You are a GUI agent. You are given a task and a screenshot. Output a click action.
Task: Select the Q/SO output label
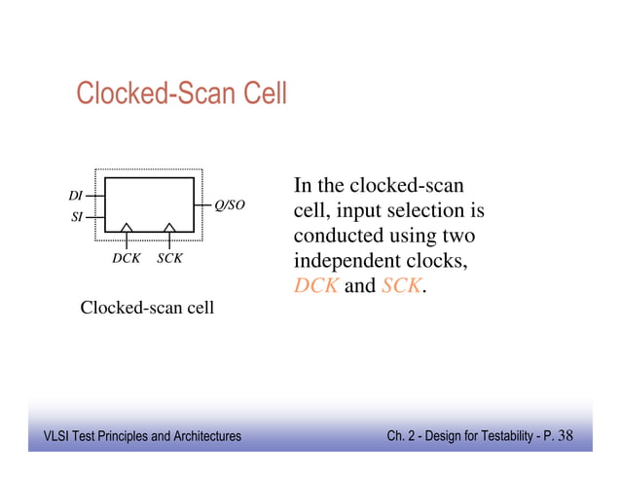[x=229, y=205]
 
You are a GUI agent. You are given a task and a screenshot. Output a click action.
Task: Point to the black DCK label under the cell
[x=127, y=260]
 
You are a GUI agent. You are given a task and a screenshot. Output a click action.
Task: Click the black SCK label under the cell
[x=170, y=260]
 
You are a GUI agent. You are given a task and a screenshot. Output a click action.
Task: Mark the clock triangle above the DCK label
[x=128, y=228]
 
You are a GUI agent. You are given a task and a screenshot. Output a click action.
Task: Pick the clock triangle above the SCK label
[x=169, y=228]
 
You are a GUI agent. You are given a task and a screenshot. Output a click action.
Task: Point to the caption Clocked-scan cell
[x=147, y=309]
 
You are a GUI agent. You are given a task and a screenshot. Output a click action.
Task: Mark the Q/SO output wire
[x=206, y=206]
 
